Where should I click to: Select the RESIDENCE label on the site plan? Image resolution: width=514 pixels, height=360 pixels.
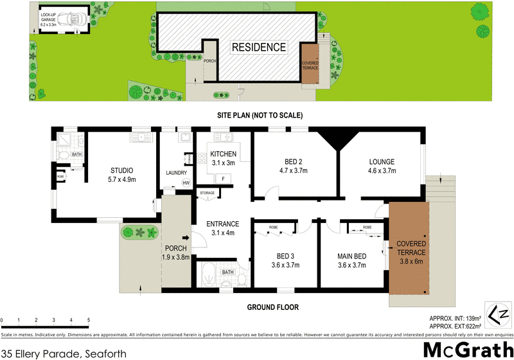pos(258,47)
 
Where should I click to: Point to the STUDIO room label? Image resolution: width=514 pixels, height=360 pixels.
pos(121,171)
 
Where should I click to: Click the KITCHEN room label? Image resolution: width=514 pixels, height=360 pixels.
pos(222,154)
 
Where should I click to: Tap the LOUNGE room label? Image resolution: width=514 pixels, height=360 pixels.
pos(381,162)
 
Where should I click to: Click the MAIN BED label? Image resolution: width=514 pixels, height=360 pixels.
pos(351,256)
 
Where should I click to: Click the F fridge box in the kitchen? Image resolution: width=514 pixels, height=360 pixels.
pos(222,178)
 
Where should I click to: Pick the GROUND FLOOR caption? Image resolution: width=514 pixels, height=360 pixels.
pos(273,307)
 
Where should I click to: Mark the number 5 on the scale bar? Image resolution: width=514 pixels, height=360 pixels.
pos(89,320)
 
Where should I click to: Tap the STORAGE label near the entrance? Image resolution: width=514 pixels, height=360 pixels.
pos(207,192)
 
